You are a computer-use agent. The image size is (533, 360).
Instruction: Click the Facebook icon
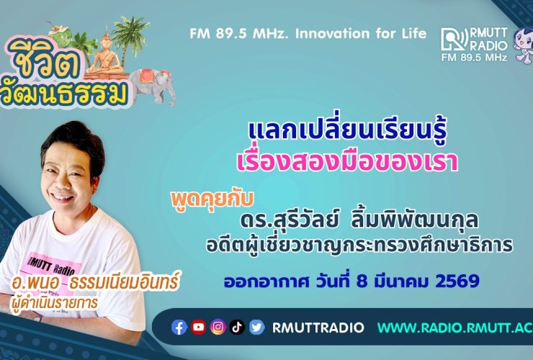(x=179, y=328)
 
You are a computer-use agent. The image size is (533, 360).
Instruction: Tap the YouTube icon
(x=199, y=328)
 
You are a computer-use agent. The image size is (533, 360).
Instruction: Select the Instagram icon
(x=218, y=328)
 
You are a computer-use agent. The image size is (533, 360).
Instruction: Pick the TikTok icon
(x=238, y=328)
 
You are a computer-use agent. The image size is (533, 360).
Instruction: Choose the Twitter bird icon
(x=256, y=328)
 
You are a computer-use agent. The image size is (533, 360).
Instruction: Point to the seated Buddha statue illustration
(x=103, y=51)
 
